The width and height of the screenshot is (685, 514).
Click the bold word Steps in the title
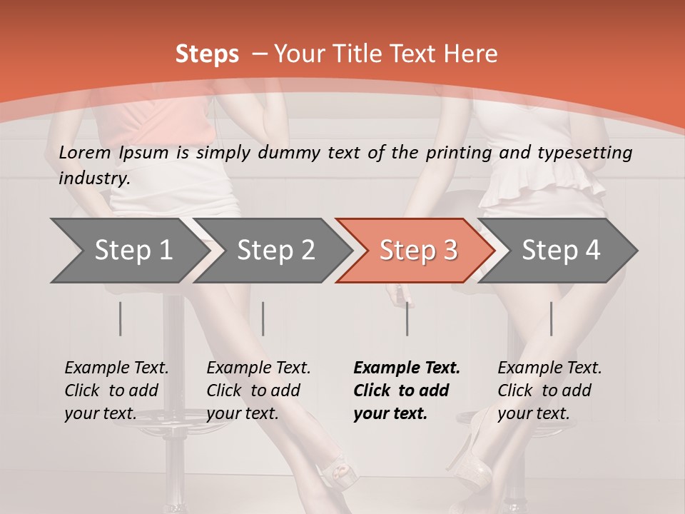(207, 54)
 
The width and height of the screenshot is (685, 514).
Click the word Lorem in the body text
(83, 152)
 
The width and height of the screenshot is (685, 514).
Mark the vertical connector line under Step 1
(121, 318)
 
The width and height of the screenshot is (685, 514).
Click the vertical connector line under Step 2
(263, 318)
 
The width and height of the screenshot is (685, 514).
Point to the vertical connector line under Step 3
(407, 318)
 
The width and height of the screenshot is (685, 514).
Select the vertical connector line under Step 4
(551, 318)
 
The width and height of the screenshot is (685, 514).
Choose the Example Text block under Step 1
(116, 390)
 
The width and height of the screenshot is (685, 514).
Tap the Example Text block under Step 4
(549, 390)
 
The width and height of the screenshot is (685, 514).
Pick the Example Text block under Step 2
(258, 390)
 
